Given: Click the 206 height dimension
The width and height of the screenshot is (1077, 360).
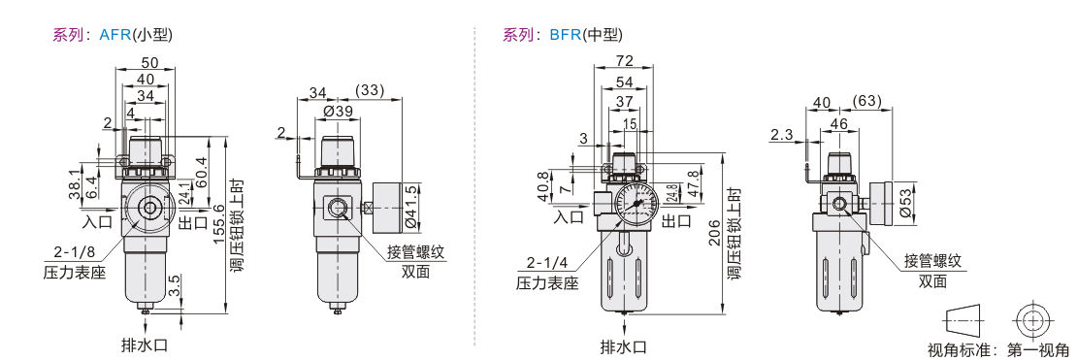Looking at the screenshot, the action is pyautogui.click(x=715, y=232).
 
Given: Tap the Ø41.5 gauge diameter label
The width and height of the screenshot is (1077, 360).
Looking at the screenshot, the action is pyautogui.click(x=412, y=206).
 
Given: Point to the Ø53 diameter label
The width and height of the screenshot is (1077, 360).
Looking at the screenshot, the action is pyautogui.click(x=906, y=204).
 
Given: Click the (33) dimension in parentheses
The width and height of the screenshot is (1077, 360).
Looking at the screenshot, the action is pyautogui.click(x=370, y=90).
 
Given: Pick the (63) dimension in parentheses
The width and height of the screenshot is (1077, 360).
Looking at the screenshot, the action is pyautogui.click(x=866, y=102).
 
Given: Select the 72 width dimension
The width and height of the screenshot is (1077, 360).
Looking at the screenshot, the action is pyautogui.click(x=624, y=61).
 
